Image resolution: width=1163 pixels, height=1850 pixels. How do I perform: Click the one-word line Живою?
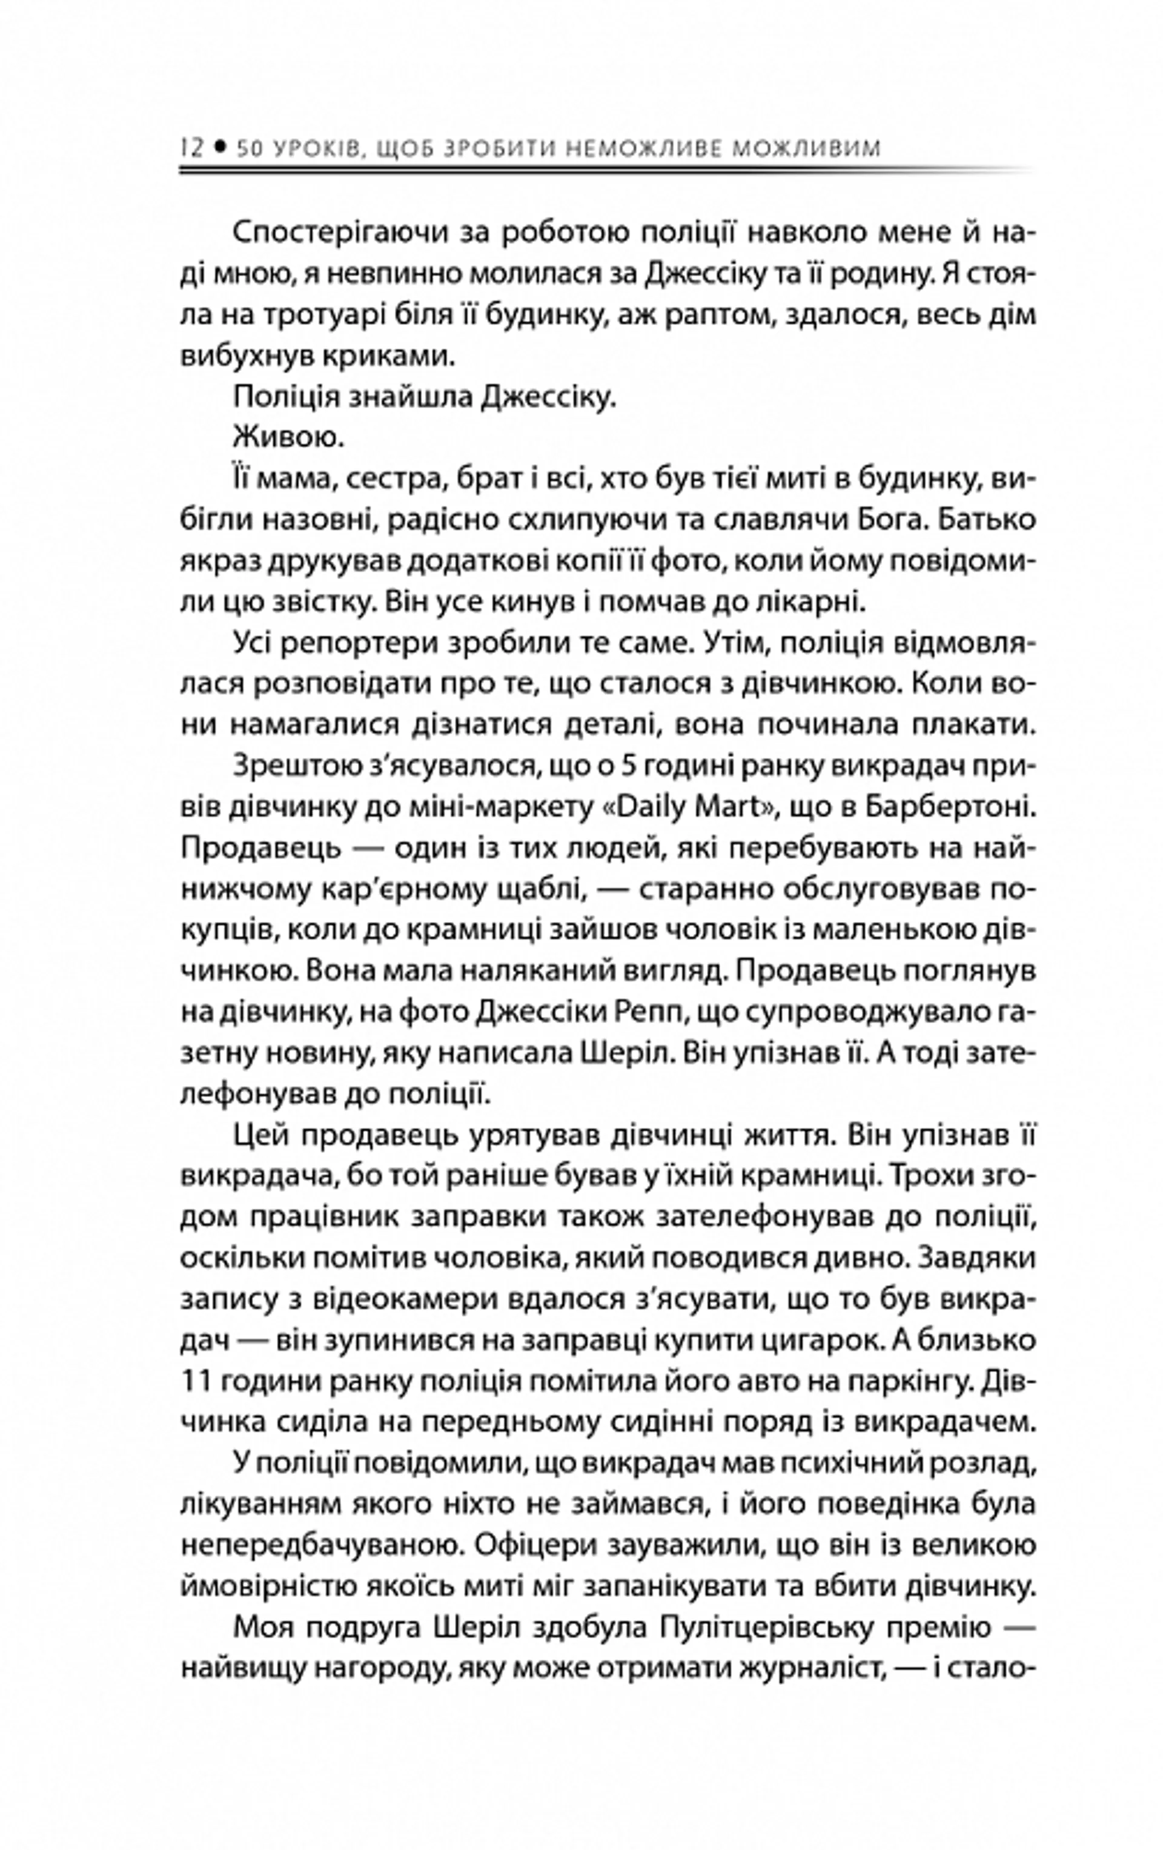click(288, 438)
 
